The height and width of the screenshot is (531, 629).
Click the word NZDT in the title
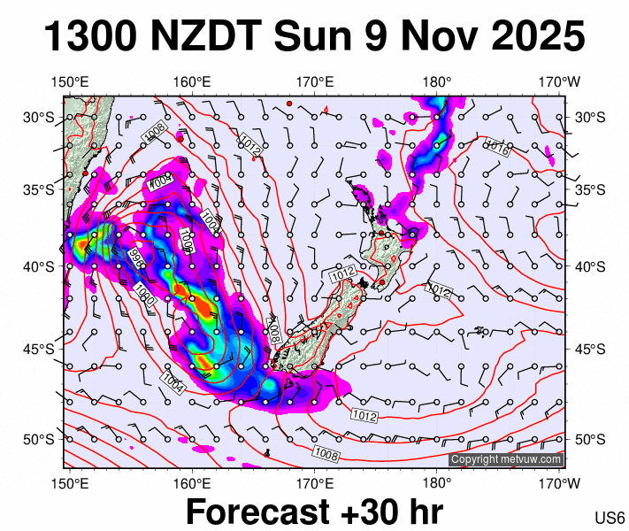pos(207,37)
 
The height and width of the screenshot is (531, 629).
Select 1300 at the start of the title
pos(88,37)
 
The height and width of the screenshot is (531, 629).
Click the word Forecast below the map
pos(276,512)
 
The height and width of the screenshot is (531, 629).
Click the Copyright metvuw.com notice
pos(505,459)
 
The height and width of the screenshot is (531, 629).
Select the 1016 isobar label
pos(496,148)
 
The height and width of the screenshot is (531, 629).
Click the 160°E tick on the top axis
pos(192,82)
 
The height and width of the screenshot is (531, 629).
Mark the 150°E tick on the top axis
pos(70,82)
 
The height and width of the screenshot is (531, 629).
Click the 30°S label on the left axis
pos(38,117)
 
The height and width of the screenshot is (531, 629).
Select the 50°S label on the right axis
pos(590,440)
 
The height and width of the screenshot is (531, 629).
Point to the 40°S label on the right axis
pos(590,266)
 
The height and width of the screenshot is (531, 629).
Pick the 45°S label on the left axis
pos(38,348)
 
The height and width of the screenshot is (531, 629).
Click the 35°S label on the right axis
pos(590,189)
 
